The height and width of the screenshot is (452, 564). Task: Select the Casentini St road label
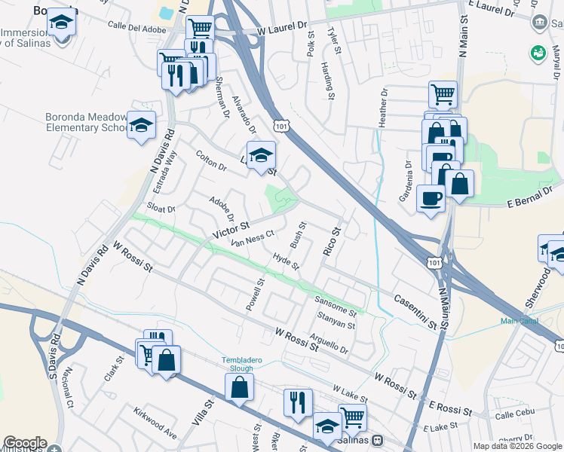pyautogui.click(x=415, y=311)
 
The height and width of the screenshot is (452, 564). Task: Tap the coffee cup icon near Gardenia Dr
pyautogui.click(x=431, y=198)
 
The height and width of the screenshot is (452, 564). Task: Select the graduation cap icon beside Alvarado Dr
pyautogui.click(x=261, y=155)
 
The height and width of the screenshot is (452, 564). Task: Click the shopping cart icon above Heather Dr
pyautogui.click(x=443, y=94)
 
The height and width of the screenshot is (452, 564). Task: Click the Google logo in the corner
pyautogui.click(x=24, y=443)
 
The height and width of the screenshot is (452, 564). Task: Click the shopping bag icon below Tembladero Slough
pyautogui.click(x=240, y=387)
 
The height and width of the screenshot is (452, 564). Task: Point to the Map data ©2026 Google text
pyautogui.click(x=517, y=445)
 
